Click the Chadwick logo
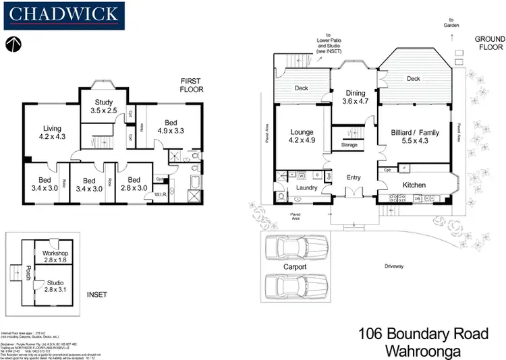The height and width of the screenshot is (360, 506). point(64,13)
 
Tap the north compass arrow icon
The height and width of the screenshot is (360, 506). point(14,45)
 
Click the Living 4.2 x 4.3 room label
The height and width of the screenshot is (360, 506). point(53,132)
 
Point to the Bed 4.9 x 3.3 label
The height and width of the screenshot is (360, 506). point(171,127)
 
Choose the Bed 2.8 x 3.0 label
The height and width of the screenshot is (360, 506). point(134,184)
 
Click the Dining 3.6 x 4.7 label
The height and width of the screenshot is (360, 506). point(356,97)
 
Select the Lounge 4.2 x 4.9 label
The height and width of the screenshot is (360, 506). point(302,136)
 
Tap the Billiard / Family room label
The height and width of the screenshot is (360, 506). point(415,137)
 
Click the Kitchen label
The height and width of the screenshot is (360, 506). point(414,185)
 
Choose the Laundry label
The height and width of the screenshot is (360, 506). point(306,187)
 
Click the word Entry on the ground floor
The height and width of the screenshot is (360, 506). point(353,178)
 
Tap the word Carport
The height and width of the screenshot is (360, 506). point(294,267)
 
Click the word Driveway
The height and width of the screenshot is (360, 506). point(394,266)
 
